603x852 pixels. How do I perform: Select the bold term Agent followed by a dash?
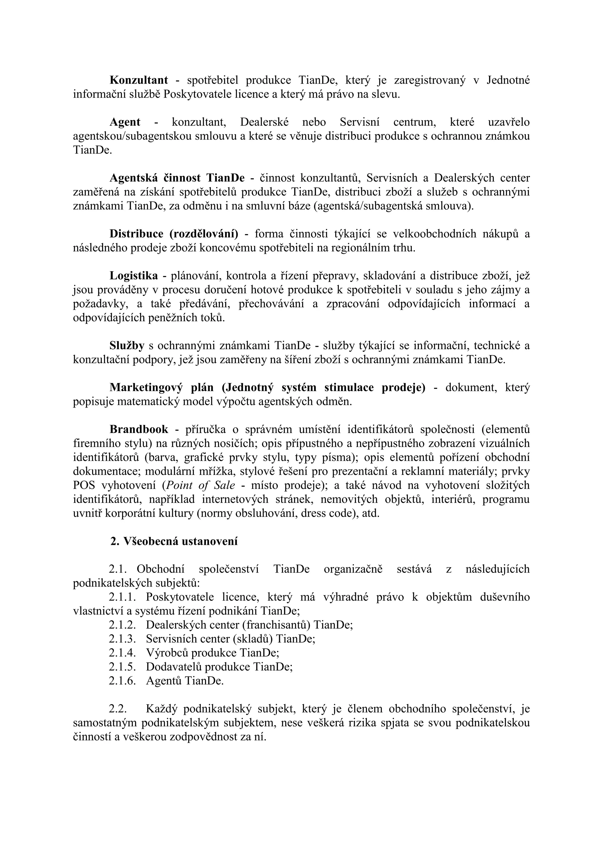click(125, 122)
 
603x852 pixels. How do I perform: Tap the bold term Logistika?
click(134, 276)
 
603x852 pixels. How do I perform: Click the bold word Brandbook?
click(138, 429)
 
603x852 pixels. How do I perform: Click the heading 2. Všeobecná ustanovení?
click(174, 541)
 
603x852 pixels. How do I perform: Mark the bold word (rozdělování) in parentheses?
click(204, 234)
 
